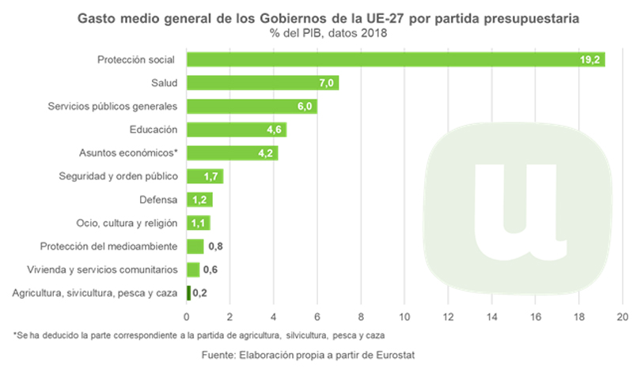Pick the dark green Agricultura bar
(x=188, y=293)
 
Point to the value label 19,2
(x=592, y=59)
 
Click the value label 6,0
(x=305, y=107)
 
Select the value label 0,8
(x=214, y=247)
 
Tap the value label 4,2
(x=266, y=153)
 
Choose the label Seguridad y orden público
(x=119, y=176)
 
